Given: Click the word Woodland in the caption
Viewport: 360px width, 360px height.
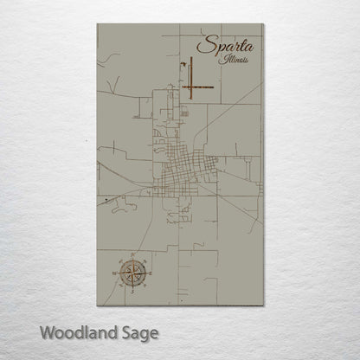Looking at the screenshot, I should (79, 332).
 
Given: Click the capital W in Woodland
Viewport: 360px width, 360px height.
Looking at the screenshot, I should (47, 331).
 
